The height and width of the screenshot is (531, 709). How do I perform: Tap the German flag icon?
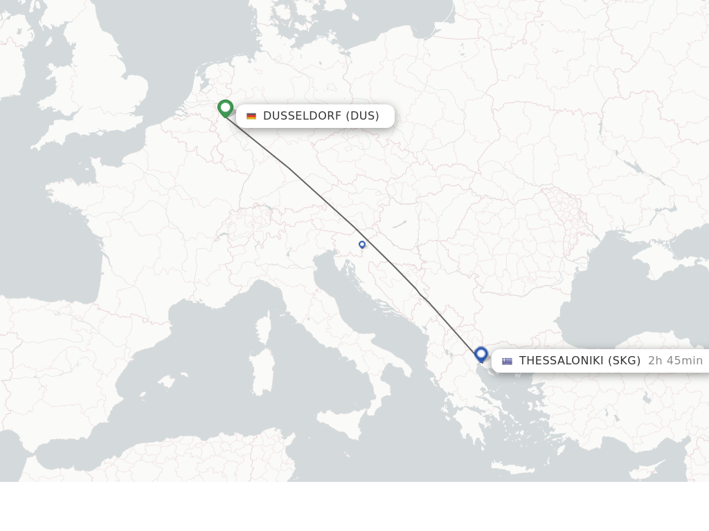(x=251, y=116)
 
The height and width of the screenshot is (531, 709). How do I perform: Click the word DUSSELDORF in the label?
(x=302, y=115)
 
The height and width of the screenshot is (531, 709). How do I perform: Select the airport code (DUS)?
(x=363, y=115)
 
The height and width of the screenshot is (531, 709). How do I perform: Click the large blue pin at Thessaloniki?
(x=481, y=355)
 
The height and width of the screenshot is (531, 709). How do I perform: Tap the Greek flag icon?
(x=508, y=361)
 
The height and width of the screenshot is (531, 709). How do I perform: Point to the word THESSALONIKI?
(x=562, y=360)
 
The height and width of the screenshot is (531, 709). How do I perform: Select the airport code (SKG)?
(x=625, y=360)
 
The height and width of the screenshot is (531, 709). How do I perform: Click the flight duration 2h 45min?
(x=675, y=360)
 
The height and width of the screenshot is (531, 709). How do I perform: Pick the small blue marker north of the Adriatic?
(x=361, y=244)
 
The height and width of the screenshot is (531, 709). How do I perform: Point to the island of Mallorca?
(x=165, y=381)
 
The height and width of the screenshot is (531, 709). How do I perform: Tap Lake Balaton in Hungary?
(x=400, y=225)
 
